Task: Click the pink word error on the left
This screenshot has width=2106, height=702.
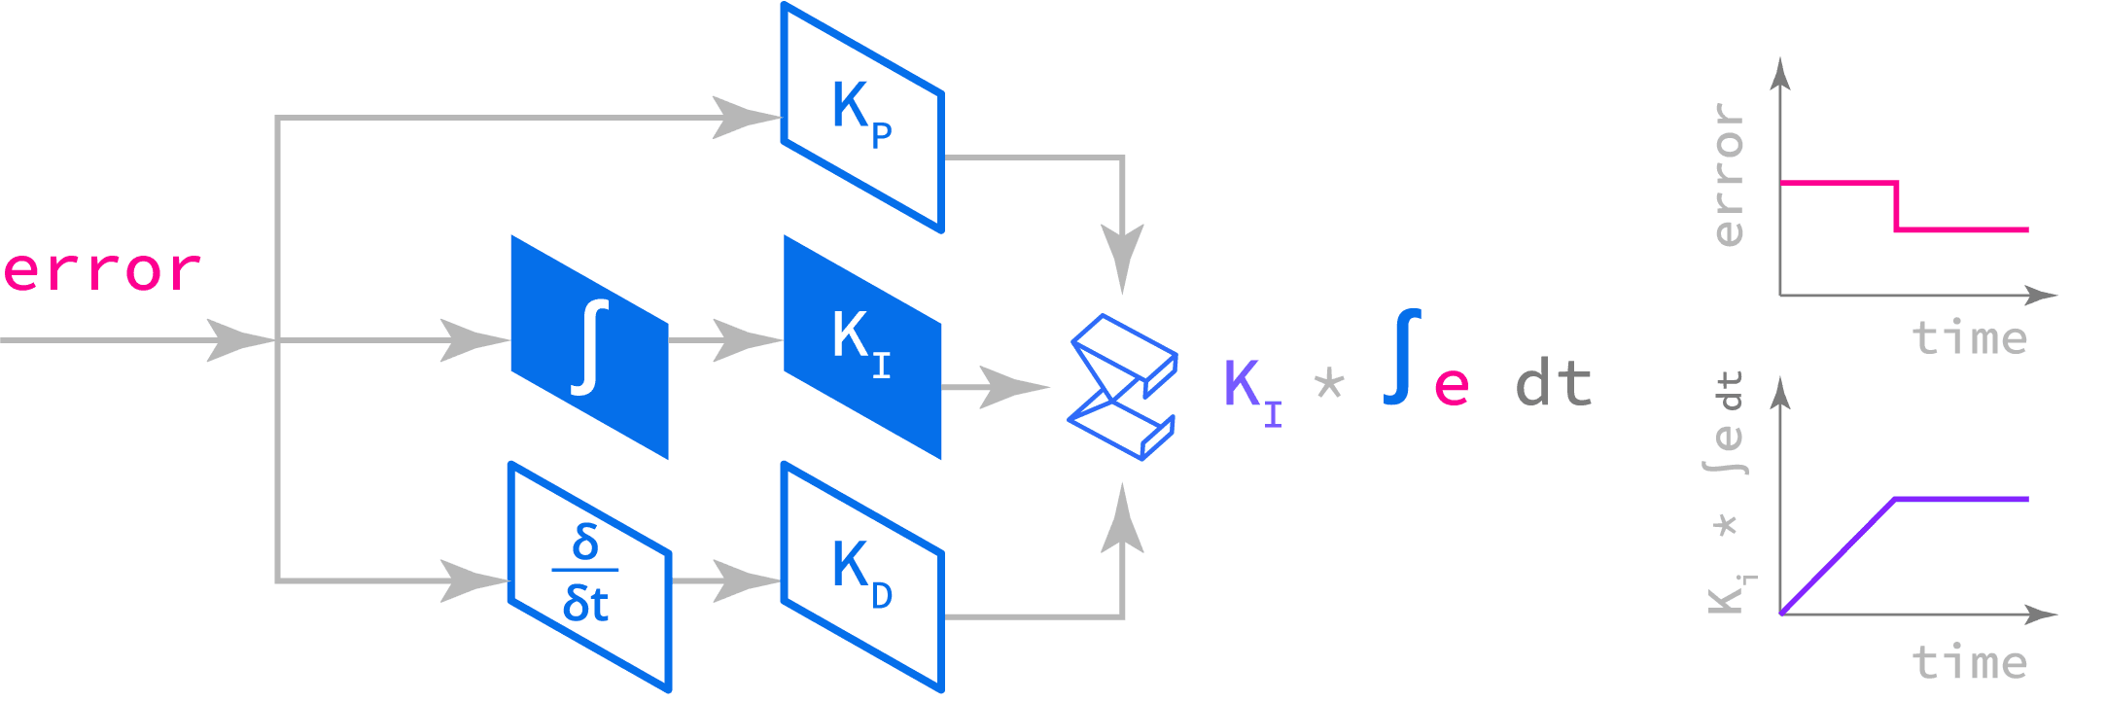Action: [102, 271]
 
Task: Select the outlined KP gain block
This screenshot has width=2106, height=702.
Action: [861, 118]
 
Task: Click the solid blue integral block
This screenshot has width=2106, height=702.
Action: [589, 346]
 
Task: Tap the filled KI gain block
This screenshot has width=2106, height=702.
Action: [861, 346]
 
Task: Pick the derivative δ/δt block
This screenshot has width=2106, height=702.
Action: [589, 578]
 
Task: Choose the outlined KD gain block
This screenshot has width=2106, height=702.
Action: [861, 578]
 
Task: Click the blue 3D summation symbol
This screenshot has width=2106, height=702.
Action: [1122, 387]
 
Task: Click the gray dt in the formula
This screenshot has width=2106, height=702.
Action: [1553, 385]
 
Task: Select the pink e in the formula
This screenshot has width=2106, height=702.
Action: [1451, 387]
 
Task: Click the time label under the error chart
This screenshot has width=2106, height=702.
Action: [1969, 338]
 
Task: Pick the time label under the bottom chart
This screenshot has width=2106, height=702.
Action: [1969, 663]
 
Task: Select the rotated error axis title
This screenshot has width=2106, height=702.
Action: [1729, 175]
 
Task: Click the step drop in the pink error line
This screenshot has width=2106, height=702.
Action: [1897, 206]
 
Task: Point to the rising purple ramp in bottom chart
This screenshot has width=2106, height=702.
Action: [1838, 556]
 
